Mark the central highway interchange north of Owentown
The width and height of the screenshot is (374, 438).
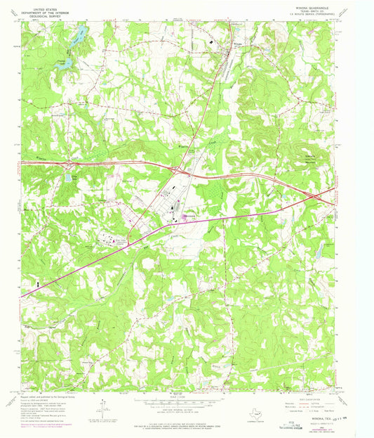(x=181, y=169)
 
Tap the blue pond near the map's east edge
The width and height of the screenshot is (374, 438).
(x=317, y=249)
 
